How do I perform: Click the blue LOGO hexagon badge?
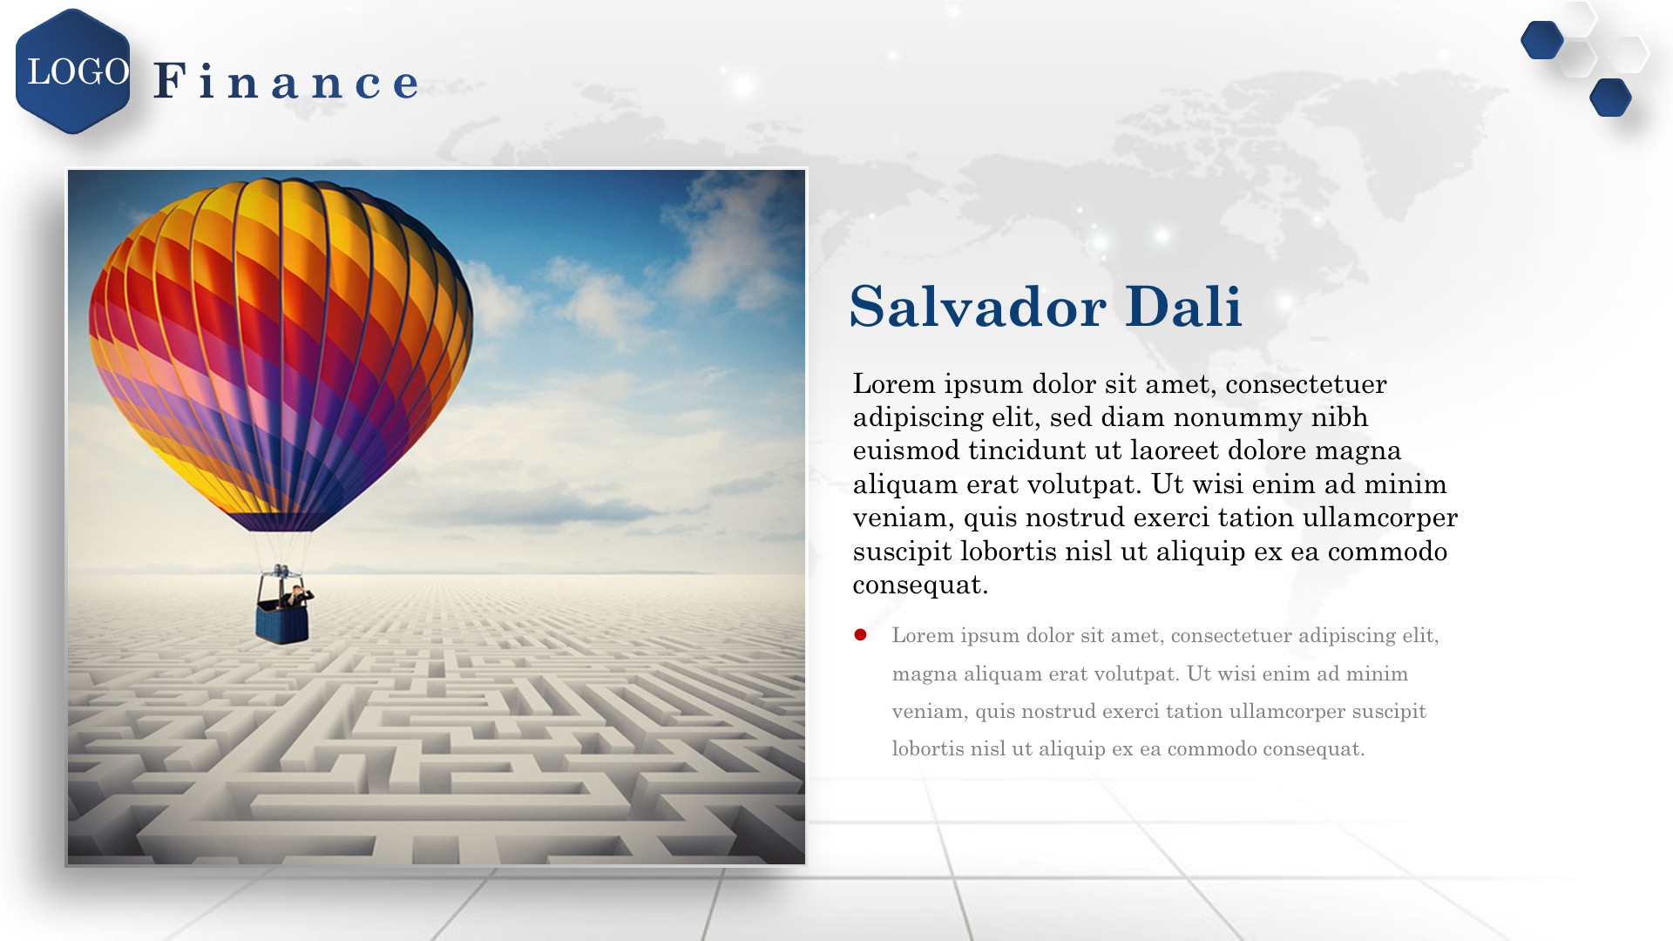73,71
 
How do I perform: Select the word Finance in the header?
287,81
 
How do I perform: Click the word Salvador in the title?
978,307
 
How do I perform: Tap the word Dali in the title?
1183,307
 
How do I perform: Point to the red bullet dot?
861,635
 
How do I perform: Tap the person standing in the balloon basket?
297,597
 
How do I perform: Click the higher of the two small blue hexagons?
1542,40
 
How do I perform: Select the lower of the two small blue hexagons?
1610,98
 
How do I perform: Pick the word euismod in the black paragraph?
906,450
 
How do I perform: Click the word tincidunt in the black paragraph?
1027,450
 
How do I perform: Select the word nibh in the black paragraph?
1340,417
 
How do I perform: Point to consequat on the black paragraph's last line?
920,586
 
